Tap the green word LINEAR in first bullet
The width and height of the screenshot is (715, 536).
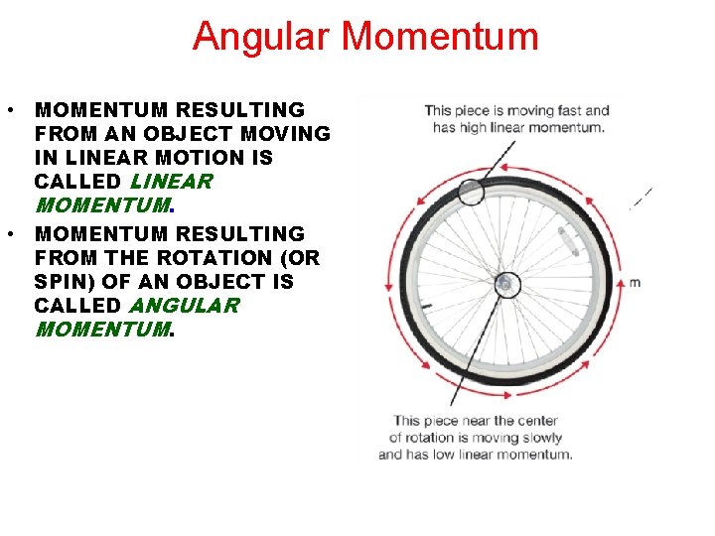171,182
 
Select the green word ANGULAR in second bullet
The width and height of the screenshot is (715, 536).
184,306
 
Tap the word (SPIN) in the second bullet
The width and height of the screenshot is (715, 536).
67,282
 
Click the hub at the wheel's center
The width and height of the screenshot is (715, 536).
504,285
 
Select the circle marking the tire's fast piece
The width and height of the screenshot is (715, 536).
472,193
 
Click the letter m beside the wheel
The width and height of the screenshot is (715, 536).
635,283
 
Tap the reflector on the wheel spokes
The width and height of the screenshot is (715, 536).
567,239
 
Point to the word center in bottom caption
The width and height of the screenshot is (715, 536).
537,421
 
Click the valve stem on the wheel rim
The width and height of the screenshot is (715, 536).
431,305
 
